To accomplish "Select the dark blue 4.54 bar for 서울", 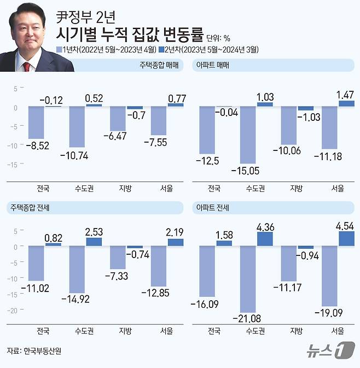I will (x=346, y=239).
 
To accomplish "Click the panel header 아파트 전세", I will (x=213, y=207).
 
